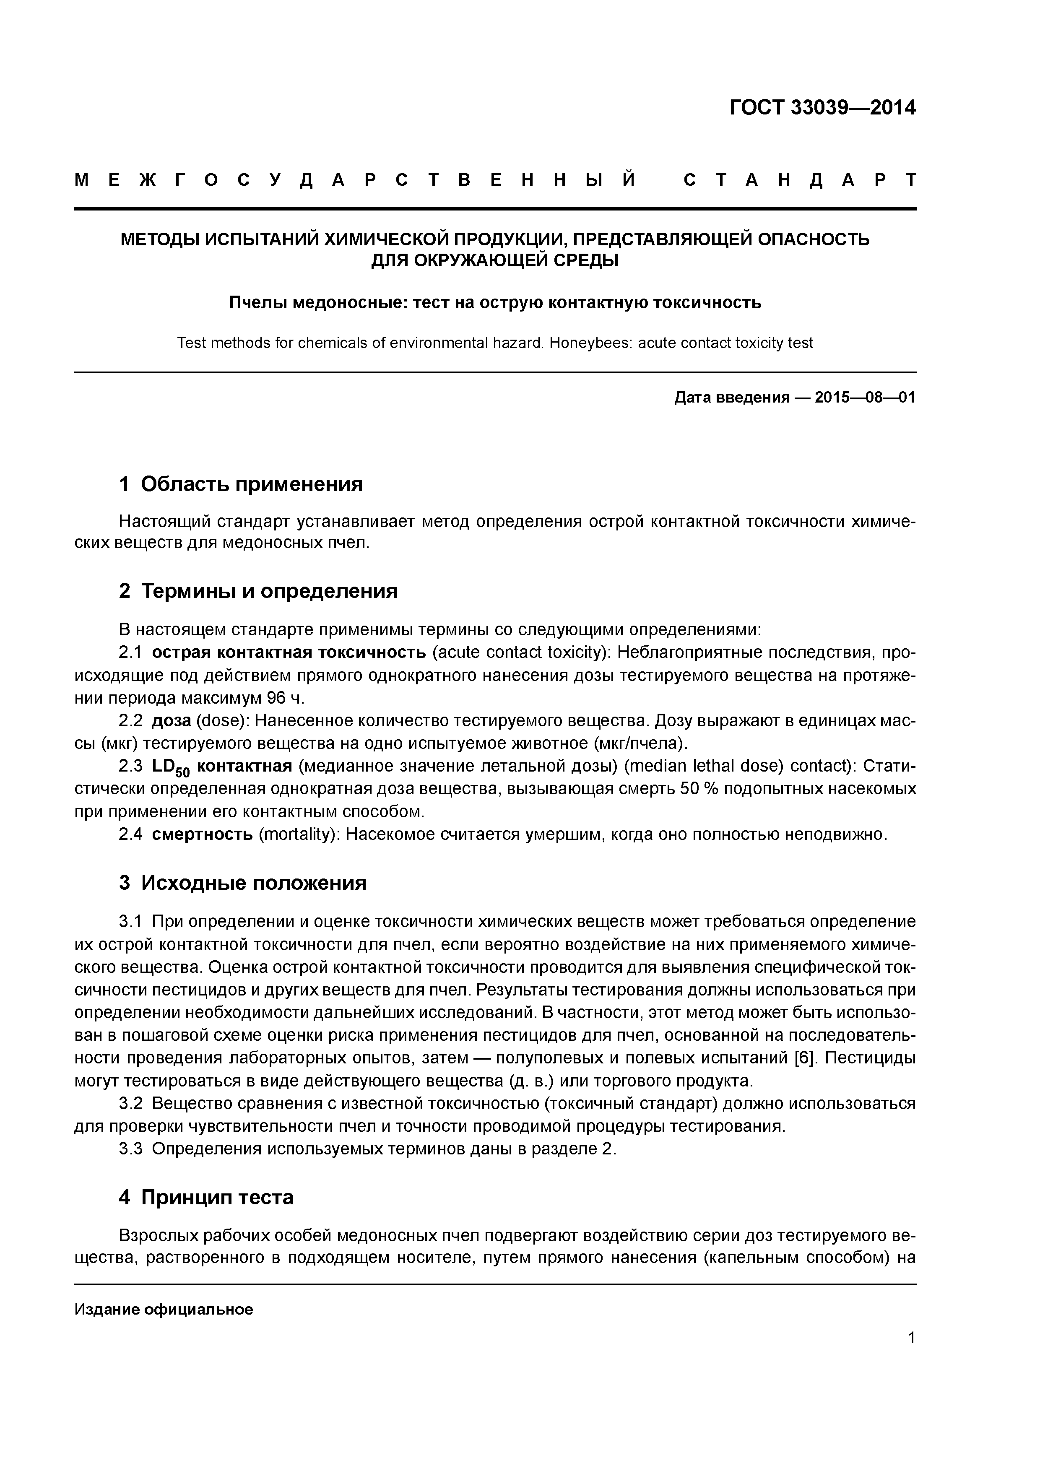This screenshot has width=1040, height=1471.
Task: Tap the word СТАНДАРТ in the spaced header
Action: tap(800, 181)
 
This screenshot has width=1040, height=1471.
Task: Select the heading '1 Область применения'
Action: tap(241, 484)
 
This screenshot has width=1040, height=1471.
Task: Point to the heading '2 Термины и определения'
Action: tap(258, 591)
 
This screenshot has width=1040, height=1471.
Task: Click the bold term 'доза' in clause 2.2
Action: tap(171, 721)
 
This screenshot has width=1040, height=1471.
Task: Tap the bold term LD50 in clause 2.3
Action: tap(170, 767)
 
